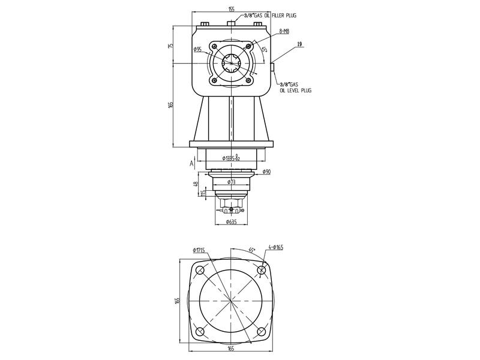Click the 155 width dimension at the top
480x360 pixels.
(x=231, y=10)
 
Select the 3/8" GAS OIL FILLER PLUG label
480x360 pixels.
(x=270, y=14)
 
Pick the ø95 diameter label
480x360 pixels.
(x=197, y=50)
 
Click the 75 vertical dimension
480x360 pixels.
(x=171, y=46)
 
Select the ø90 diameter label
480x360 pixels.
(x=266, y=172)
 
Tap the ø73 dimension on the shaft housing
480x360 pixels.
(x=232, y=181)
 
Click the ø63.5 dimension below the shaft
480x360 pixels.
(x=231, y=221)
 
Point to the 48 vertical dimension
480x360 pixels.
(x=196, y=184)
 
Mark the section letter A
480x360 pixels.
(x=191, y=163)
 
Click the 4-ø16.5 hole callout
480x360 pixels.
(x=276, y=247)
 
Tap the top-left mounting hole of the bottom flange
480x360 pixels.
(x=200, y=271)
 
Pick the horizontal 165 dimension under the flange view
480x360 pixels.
(x=231, y=347)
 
